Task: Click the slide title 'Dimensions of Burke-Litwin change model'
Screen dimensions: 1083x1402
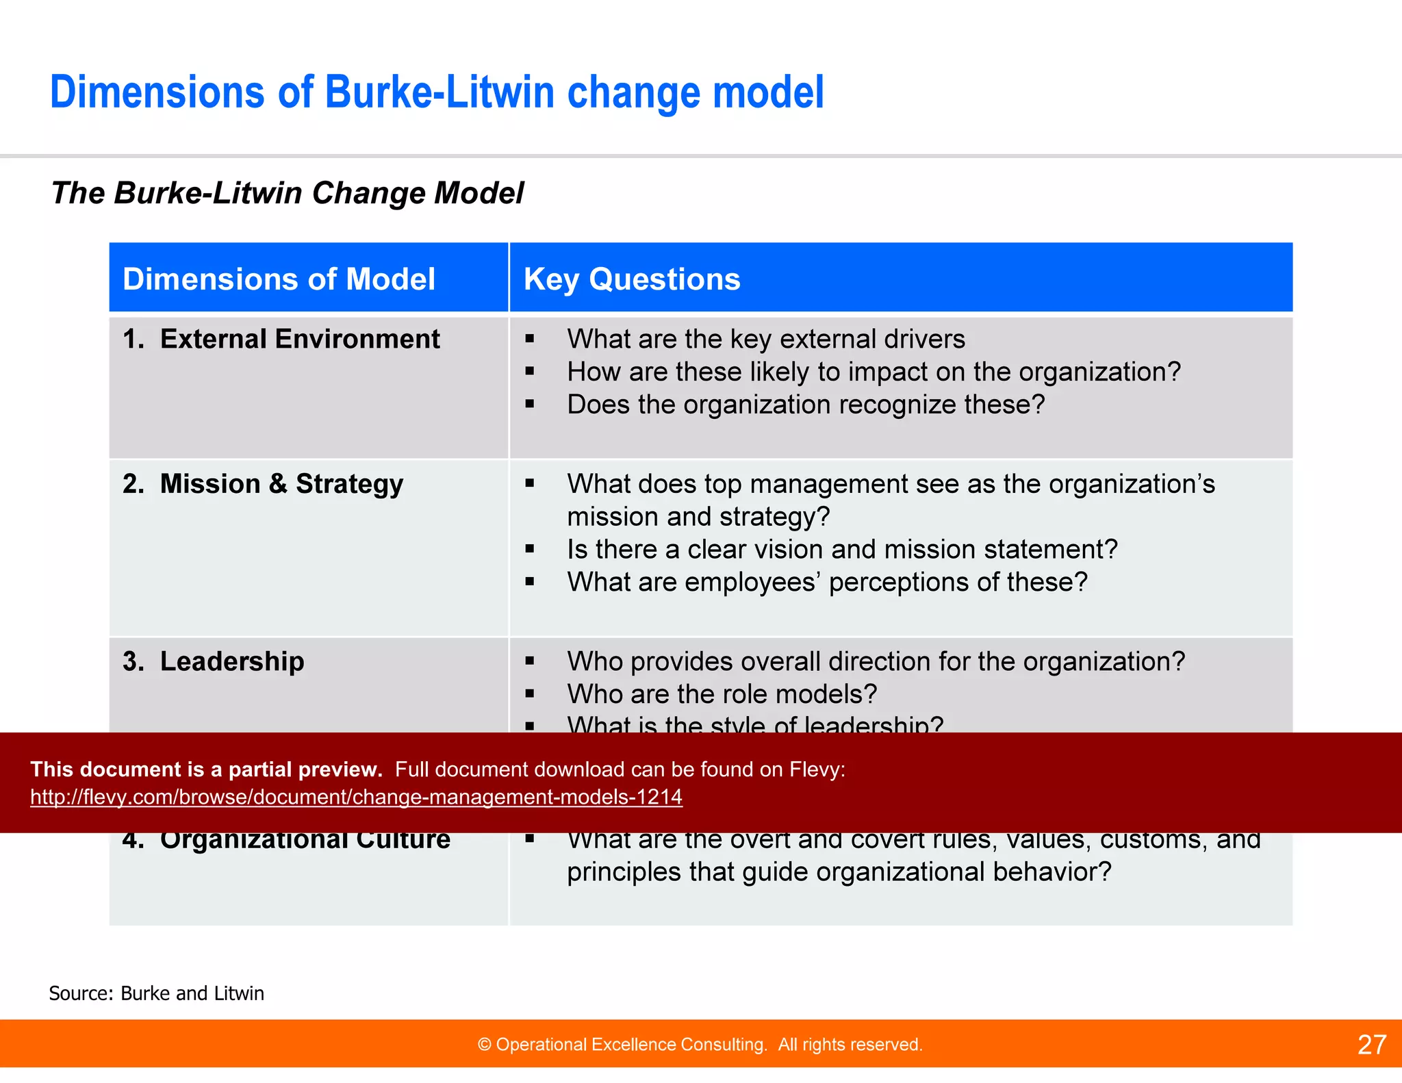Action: click(x=437, y=92)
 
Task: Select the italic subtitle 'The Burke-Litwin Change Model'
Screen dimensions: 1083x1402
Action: click(x=288, y=193)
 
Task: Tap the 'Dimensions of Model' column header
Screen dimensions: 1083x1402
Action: click(x=279, y=279)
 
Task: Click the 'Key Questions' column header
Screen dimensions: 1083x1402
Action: click(x=632, y=279)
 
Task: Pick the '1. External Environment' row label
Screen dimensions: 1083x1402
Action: click(x=281, y=339)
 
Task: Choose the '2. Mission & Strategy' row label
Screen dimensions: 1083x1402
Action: click(x=263, y=484)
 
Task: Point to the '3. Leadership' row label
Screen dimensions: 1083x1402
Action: click(x=214, y=661)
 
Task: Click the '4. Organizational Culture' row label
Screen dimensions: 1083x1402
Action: click(x=286, y=841)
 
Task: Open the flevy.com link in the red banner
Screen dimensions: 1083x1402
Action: click(x=356, y=797)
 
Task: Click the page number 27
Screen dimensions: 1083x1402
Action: click(x=1371, y=1045)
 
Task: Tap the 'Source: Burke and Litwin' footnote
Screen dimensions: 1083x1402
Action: click(x=156, y=993)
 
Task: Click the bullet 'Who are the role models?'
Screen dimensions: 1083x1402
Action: click(x=722, y=694)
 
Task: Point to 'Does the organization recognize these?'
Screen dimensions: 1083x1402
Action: click(x=806, y=405)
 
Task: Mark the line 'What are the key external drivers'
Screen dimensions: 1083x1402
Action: click(x=766, y=339)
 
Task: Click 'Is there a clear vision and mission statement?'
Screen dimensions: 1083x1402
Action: click(x=842, y=549)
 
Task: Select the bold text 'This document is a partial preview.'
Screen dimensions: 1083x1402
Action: click(x=206, y=769)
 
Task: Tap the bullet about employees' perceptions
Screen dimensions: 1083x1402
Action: click(x=827, y=582)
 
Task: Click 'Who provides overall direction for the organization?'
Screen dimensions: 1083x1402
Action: click(x=876, y=661)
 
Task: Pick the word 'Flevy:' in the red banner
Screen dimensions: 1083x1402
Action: click(x=817, y=769)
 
